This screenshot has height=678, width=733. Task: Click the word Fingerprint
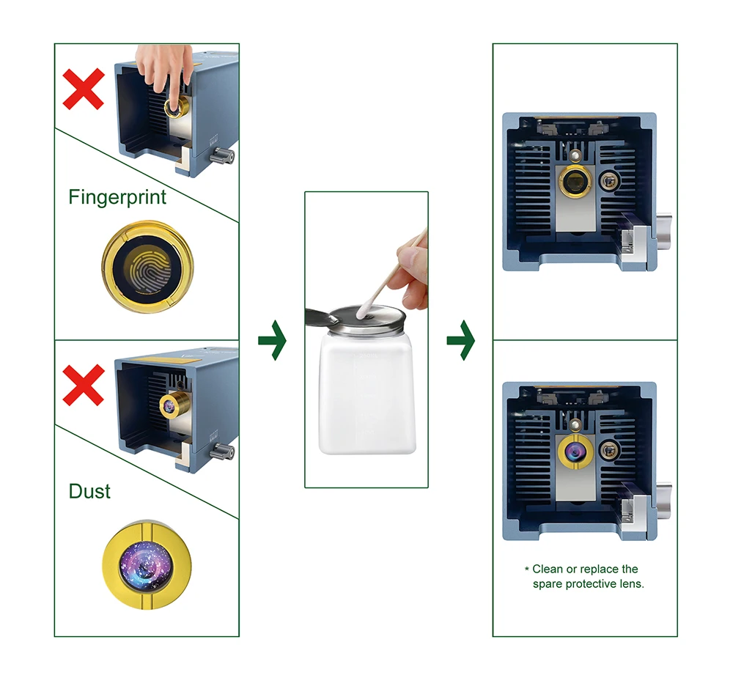(x=117, y=197)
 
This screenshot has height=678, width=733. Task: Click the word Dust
(x=89, y=491)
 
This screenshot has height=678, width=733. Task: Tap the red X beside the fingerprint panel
(x=84, y=89)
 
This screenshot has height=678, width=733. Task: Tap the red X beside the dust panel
(x=84, y=385)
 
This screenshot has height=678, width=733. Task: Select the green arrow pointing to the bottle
(x=272, y=340)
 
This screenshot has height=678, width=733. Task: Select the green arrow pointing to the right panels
(x=461, y=340)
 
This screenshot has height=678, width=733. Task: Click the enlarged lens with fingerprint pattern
(x=148, y=267)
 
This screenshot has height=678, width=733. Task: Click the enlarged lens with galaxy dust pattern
(x=147, y=565)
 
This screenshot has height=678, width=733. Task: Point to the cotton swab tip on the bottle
(x=363, y=311)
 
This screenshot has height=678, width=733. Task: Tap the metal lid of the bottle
(x=367, y=320)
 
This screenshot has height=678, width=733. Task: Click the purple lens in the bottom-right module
(x=575, y=452)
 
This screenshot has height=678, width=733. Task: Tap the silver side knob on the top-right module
(x=664, y=229)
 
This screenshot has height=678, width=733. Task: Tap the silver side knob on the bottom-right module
(x=664, y=499)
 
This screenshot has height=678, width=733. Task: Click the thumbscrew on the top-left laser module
(x=221, y=155)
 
